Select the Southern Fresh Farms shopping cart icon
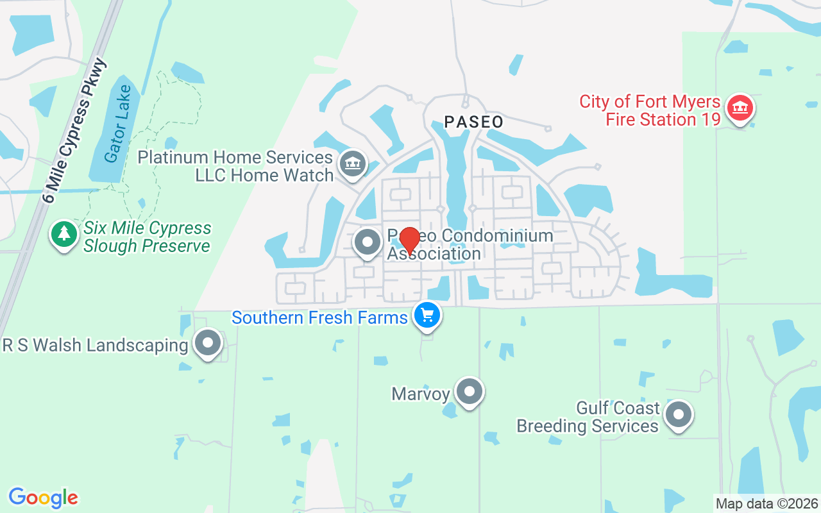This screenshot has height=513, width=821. (x=427, y=315)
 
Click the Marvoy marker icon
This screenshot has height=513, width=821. (x=470, y=391)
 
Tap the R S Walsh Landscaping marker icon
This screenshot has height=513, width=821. (x=208, y=343)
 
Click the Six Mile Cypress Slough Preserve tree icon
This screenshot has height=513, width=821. (x=64, y=233)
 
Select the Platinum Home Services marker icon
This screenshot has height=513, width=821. (x=351, y=164)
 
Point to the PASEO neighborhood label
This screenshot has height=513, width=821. (x=474, y=122)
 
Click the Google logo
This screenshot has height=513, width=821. (x=43, y=498)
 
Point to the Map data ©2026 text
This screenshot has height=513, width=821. (x=767, y=503)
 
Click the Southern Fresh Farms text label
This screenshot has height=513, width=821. (x=319, y=317)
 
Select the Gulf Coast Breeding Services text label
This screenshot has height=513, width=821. (x=588, y=417)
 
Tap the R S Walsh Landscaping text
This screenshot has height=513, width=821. (x=95, y=346)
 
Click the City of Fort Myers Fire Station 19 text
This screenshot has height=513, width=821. (x=650, y=110)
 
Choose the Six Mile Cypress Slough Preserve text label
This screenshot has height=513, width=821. (x=147, y=237)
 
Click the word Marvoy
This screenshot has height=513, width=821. (x=420, y=393)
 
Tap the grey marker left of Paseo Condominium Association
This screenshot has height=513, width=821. (x=368, y=242)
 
